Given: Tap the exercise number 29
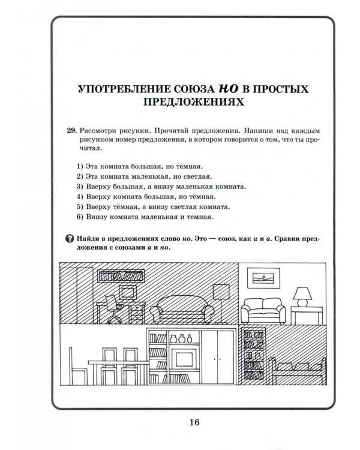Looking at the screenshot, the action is coord(71,130).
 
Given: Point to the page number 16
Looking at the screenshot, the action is coord(193,422).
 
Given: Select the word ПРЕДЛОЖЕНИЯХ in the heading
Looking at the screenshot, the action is coord(193,103).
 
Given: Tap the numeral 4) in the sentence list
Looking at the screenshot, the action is coord(80,196).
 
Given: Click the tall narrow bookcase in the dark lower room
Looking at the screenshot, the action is coord(251,356).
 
